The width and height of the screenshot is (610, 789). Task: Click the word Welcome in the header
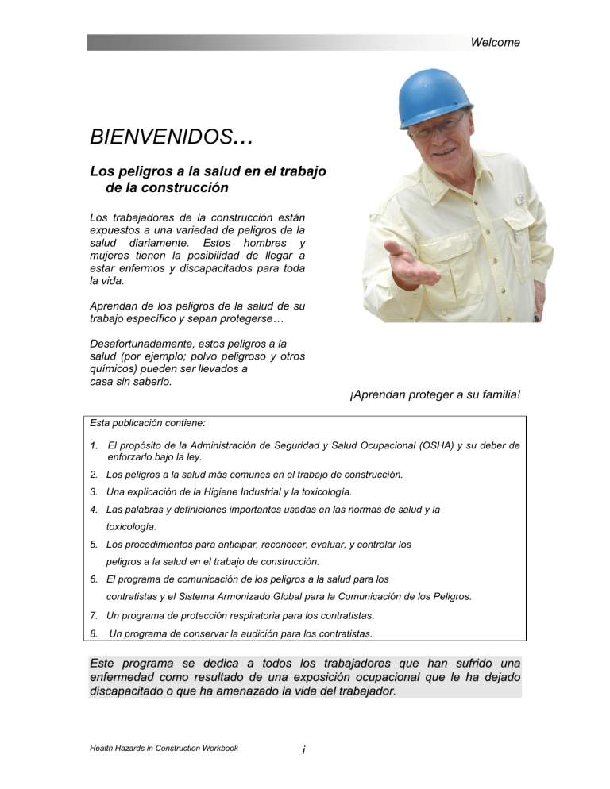tap(495, 43)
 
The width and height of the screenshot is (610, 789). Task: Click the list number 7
tap(94, 616)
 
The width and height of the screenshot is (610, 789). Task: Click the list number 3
tap(94, 491)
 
